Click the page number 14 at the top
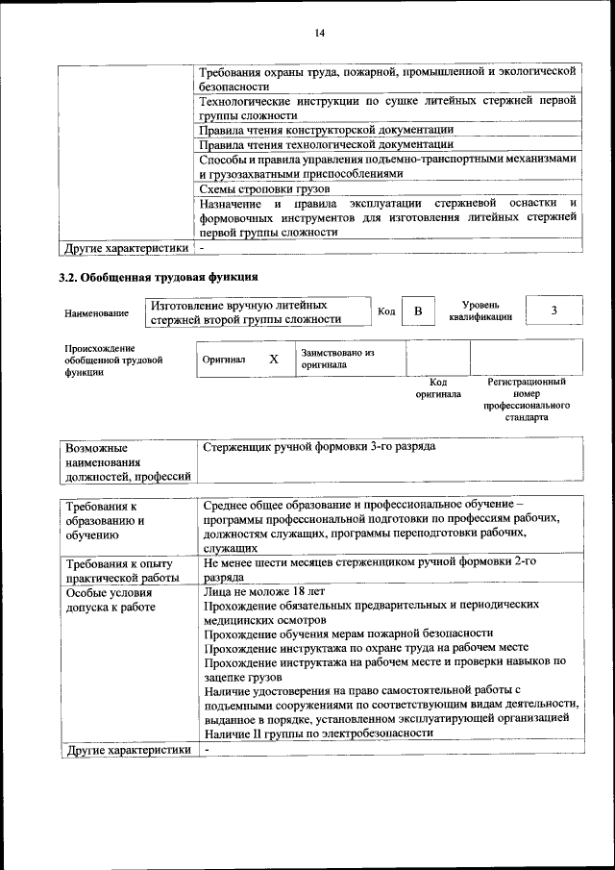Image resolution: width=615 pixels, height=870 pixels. pyautogui.click(x=320, y=34)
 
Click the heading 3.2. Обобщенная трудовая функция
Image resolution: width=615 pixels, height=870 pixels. pyautogui.click(x=159, y=277)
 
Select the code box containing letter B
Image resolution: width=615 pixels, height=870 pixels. pyautogui.click(x=417, y=311)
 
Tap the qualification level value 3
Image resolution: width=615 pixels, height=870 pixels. pyautogui.click(x=553, y=311)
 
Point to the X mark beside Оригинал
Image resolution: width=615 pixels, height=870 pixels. pyautogui.click(x=274, y=359)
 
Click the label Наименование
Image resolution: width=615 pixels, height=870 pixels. pyautogui.click(x=96, y=313)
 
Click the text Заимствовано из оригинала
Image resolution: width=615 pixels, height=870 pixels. pyautogui.click(x=337, y=359)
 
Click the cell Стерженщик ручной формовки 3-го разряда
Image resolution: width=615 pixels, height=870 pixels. pyautogui.click(x=320, y=448)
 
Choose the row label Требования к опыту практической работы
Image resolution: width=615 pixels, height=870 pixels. pyautogui.click(x=118, y=570)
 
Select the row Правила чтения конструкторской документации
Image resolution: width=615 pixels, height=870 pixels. pyautogui.click(x=325, y=129)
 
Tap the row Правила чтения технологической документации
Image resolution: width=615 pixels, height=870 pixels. pyautogui.click(x=325, y=144)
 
